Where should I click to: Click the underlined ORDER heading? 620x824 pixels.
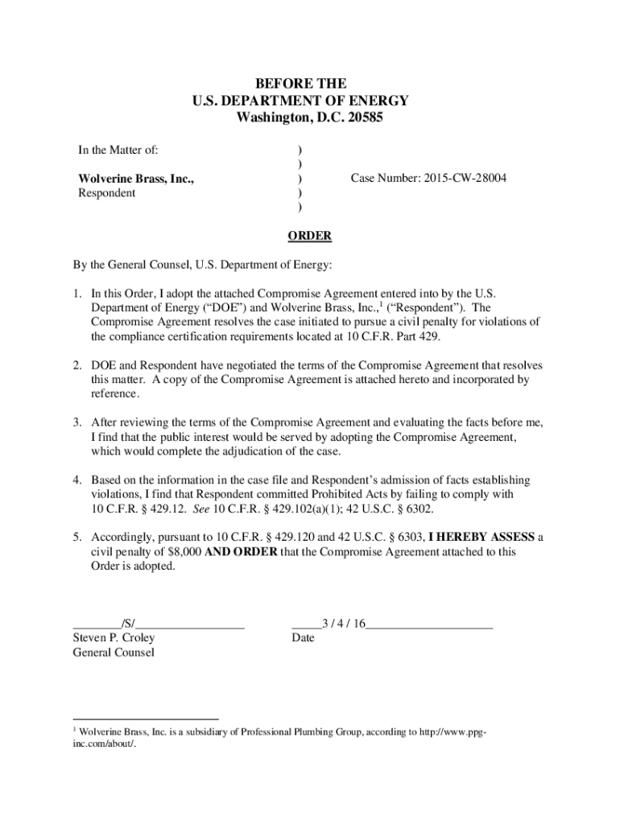pyautogui.click(x=310, y=235)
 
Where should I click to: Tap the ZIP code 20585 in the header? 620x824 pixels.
pyautogui.click(x=365, y=117)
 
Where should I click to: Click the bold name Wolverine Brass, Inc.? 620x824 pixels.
pyautogui.click(x=136, y=179)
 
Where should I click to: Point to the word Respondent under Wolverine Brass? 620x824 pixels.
pyautogui.click(x=106, y=193)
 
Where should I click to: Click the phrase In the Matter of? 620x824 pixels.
pyautogui.click(x=118, y=150)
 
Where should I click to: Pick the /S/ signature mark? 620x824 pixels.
pyautogui.click(x=128, y=624)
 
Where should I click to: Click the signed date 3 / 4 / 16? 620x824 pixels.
pyautogui.click(x=344, y=624)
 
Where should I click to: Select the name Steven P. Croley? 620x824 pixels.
pyautogui.click(x=114, y=638)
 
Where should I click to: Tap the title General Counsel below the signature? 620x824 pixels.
pyautogui.click(x=113, y=653)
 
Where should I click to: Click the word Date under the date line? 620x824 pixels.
pyautogui.click(x=303, y=638)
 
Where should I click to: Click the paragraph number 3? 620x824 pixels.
pyautogui.click(x=78, y=422)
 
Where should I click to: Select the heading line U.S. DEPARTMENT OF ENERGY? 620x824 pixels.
pyautogui.click(x=300, y=101)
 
